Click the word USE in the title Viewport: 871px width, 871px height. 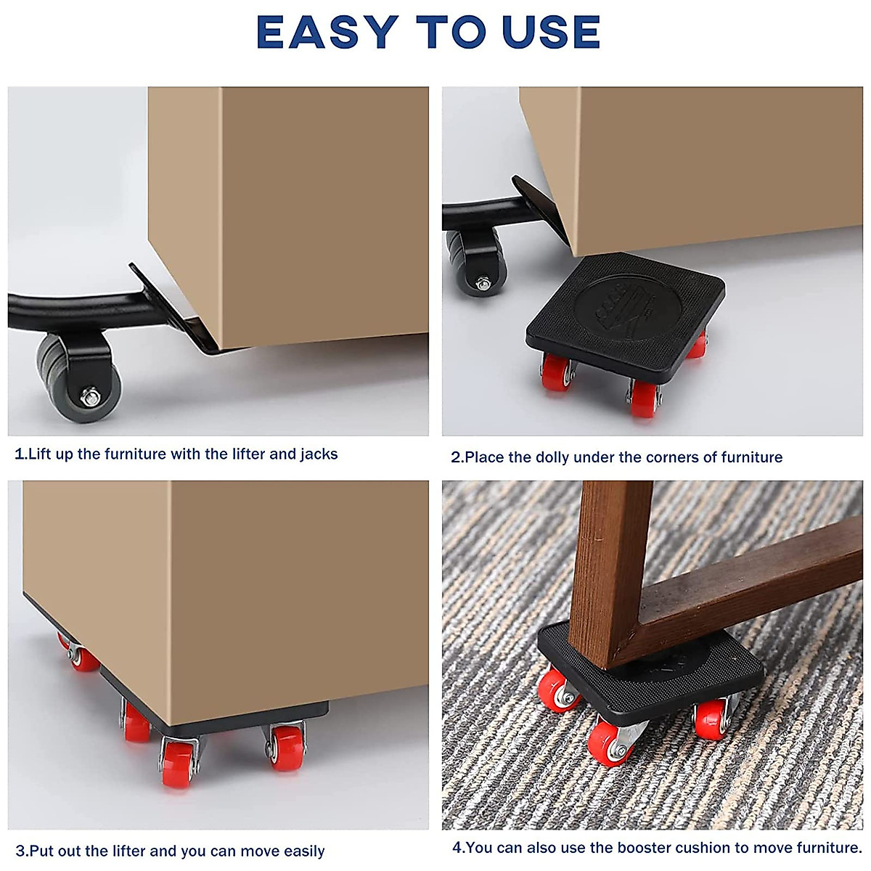552,33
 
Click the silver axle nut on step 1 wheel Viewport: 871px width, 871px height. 91,396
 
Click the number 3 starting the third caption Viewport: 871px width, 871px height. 20,851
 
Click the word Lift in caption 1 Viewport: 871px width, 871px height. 41,454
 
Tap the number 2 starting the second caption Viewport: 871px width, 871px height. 456,457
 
